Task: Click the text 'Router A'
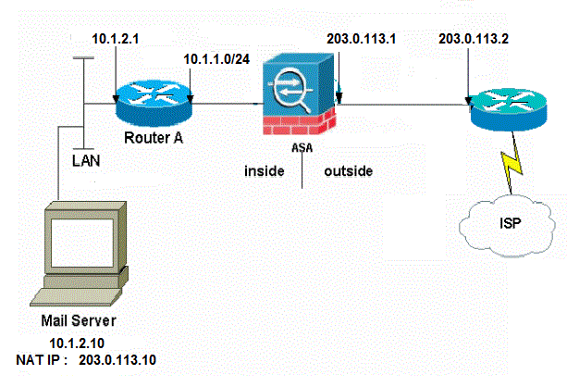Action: tap(152, 139)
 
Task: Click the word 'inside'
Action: tap(265, 172)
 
